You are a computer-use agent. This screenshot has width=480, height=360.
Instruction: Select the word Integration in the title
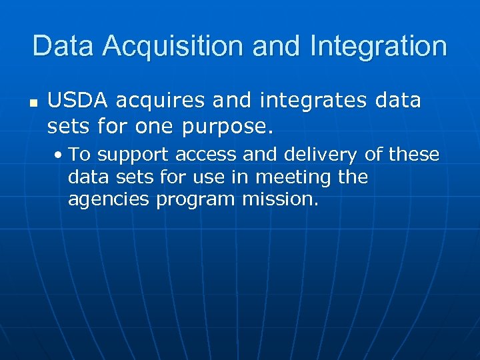(x=377, y=46)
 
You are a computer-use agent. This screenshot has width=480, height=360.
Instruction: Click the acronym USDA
(x=77, y=101)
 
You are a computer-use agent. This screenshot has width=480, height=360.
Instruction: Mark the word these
(x=413, y=155)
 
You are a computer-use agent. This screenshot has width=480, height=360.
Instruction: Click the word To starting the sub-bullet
(x=79, y=155)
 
